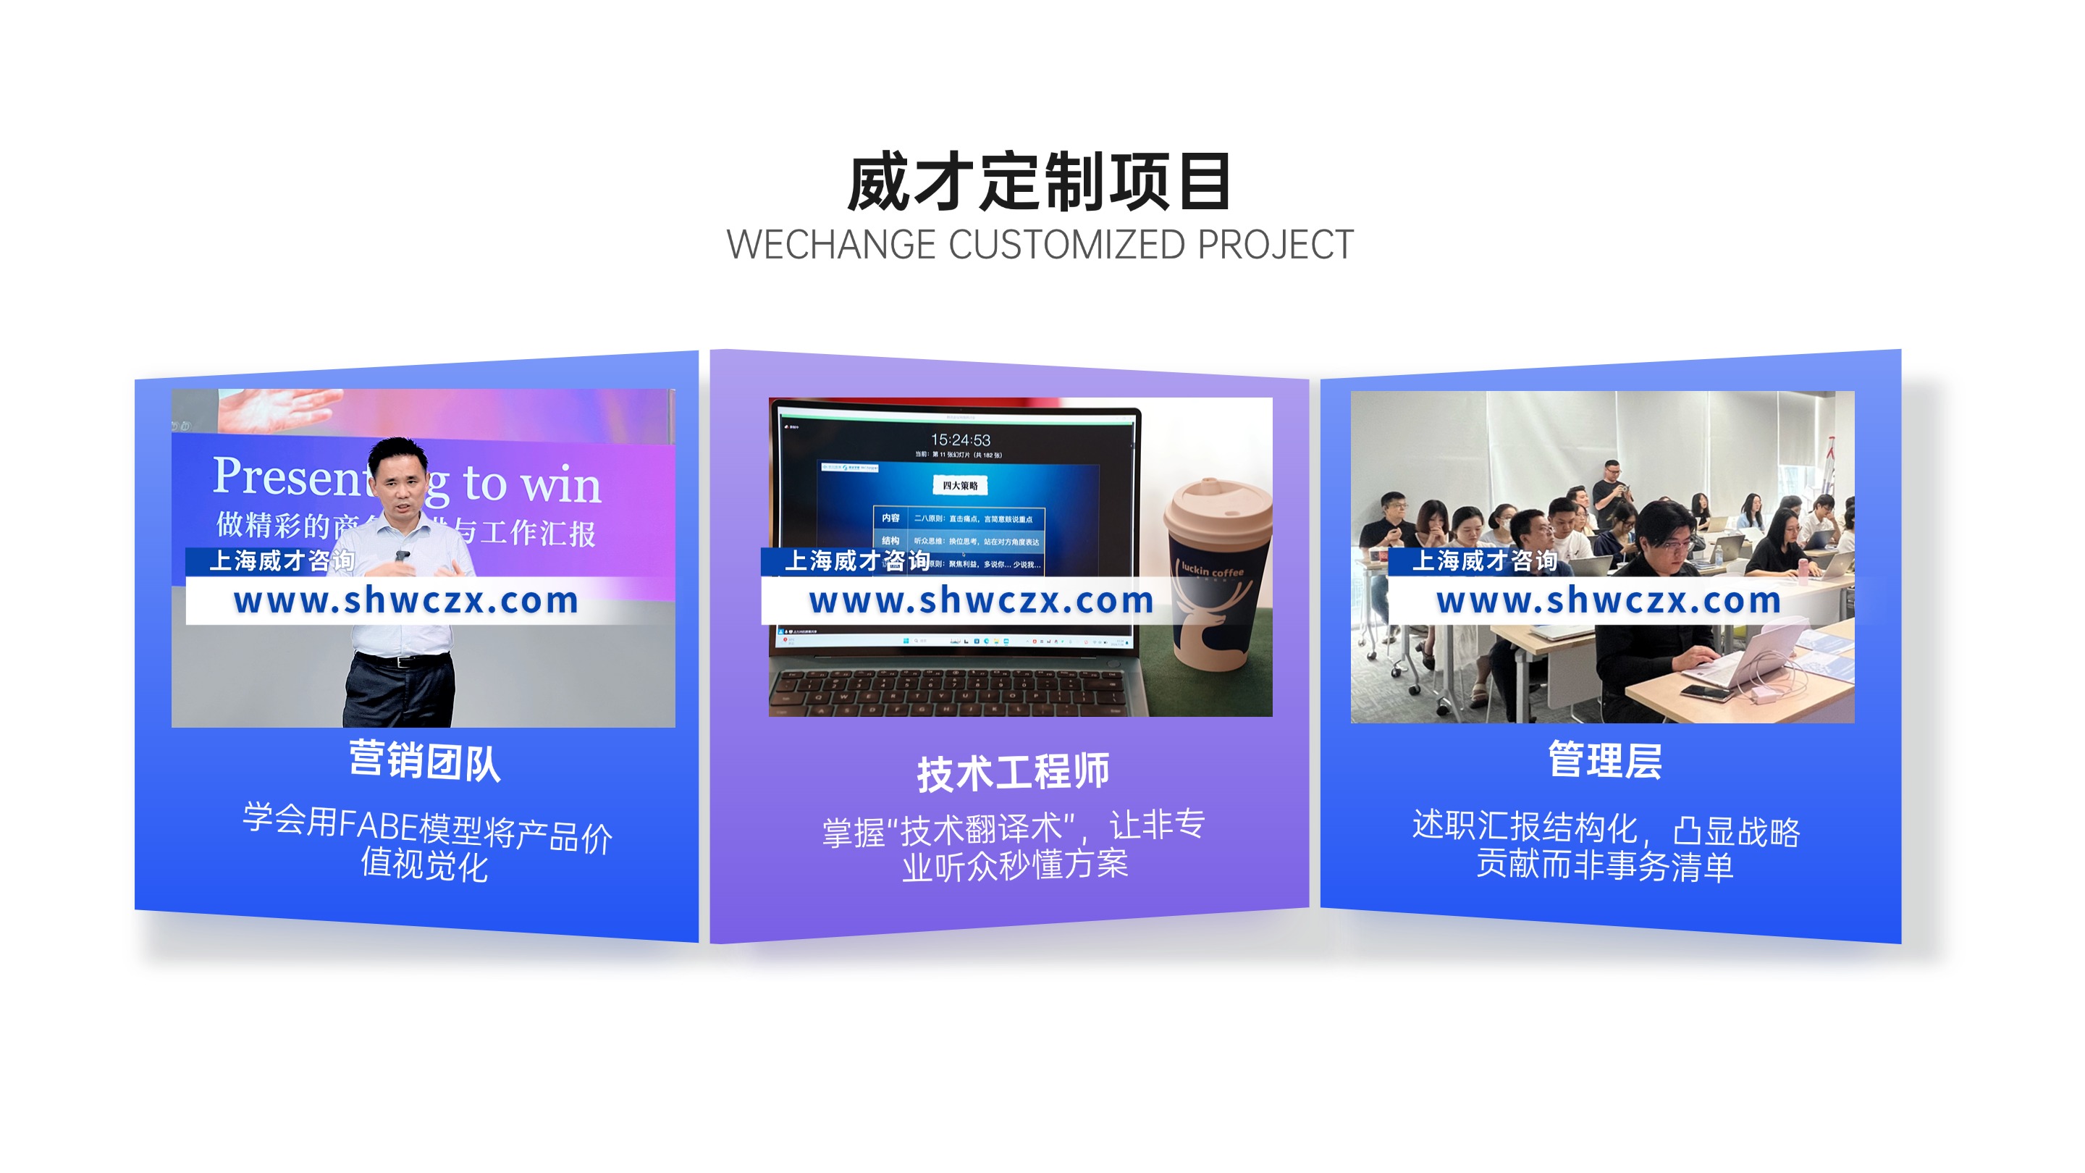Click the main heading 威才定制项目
click(1040, 183)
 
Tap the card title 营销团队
click(424, 761)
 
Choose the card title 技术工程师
click(1013, 773)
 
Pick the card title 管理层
click(1604, 761)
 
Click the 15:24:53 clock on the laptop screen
click(960, 440)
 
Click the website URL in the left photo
click(406, 601)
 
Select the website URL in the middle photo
click(981, 601)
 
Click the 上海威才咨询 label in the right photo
click(1484, 560)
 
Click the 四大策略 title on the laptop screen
click(960, 486)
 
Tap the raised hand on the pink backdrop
click(279, 409)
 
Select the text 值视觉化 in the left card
click(424, 865)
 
